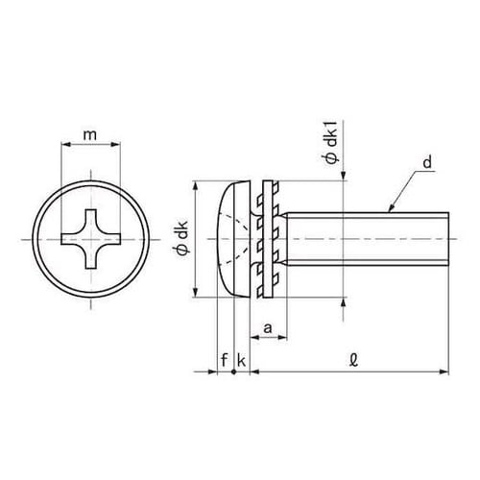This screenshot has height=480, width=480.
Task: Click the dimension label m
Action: coord(90,135)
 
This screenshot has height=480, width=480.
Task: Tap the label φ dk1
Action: coord(332,146)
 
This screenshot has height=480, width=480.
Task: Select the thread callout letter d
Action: coord(427,162)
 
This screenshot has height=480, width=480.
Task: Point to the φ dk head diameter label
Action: coord(182,238)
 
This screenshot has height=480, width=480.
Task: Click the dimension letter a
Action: coord(268,328)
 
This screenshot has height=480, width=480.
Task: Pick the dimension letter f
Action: coord(225,360)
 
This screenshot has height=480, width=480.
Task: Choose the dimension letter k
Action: coord(241,360)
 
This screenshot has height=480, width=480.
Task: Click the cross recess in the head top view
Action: coord(91,238)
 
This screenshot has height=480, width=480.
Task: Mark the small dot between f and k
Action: coord(233,372)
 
